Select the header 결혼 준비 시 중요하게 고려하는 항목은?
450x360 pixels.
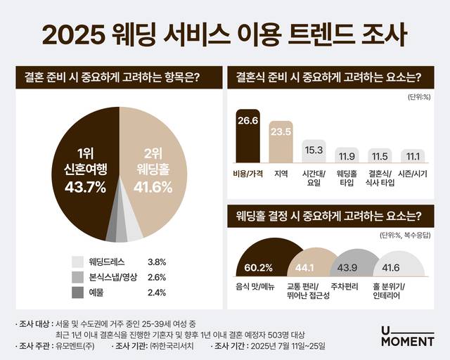(x=113, y=78)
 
